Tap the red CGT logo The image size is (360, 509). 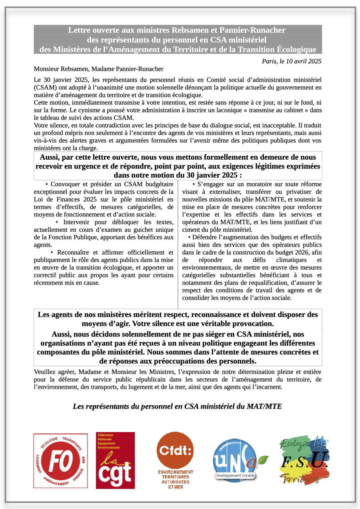point(115,460)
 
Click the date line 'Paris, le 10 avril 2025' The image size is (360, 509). point(292,61)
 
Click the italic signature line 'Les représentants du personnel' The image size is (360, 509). point(177,406)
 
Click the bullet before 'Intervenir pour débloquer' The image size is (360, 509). point(57,222)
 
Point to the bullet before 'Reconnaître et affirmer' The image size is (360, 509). point(51,253)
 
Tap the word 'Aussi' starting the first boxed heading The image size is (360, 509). point(50,158)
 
